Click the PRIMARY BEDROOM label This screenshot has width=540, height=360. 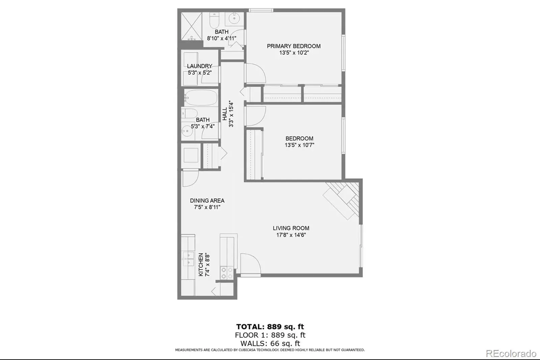(x=294, y=46)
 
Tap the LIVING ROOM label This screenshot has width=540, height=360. (x=291, y=228)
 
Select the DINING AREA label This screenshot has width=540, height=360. (x=207, y=201)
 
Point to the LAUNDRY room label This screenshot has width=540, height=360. (x=199, y=66)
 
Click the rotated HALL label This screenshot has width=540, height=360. (x=225, y=114)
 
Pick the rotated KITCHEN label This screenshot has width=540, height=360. (x=200, y=265)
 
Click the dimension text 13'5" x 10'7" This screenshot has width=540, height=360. (x=299, y=145)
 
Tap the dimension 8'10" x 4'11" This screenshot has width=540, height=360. (x=221, y=38)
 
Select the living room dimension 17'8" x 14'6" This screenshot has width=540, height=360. (x=291, y=235)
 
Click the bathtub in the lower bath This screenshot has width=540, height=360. (x=201, y=98)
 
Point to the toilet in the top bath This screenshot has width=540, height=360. (x=214, y=20)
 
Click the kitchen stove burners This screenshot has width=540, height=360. (x=227, y=273)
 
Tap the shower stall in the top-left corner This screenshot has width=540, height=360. (x=191, y=26)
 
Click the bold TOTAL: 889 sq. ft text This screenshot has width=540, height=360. (x=270, y=327)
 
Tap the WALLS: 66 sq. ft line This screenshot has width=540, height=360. (x=270, y=343)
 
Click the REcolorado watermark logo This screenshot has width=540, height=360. (x=511, y=354)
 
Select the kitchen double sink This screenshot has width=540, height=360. (x=188, y=259)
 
